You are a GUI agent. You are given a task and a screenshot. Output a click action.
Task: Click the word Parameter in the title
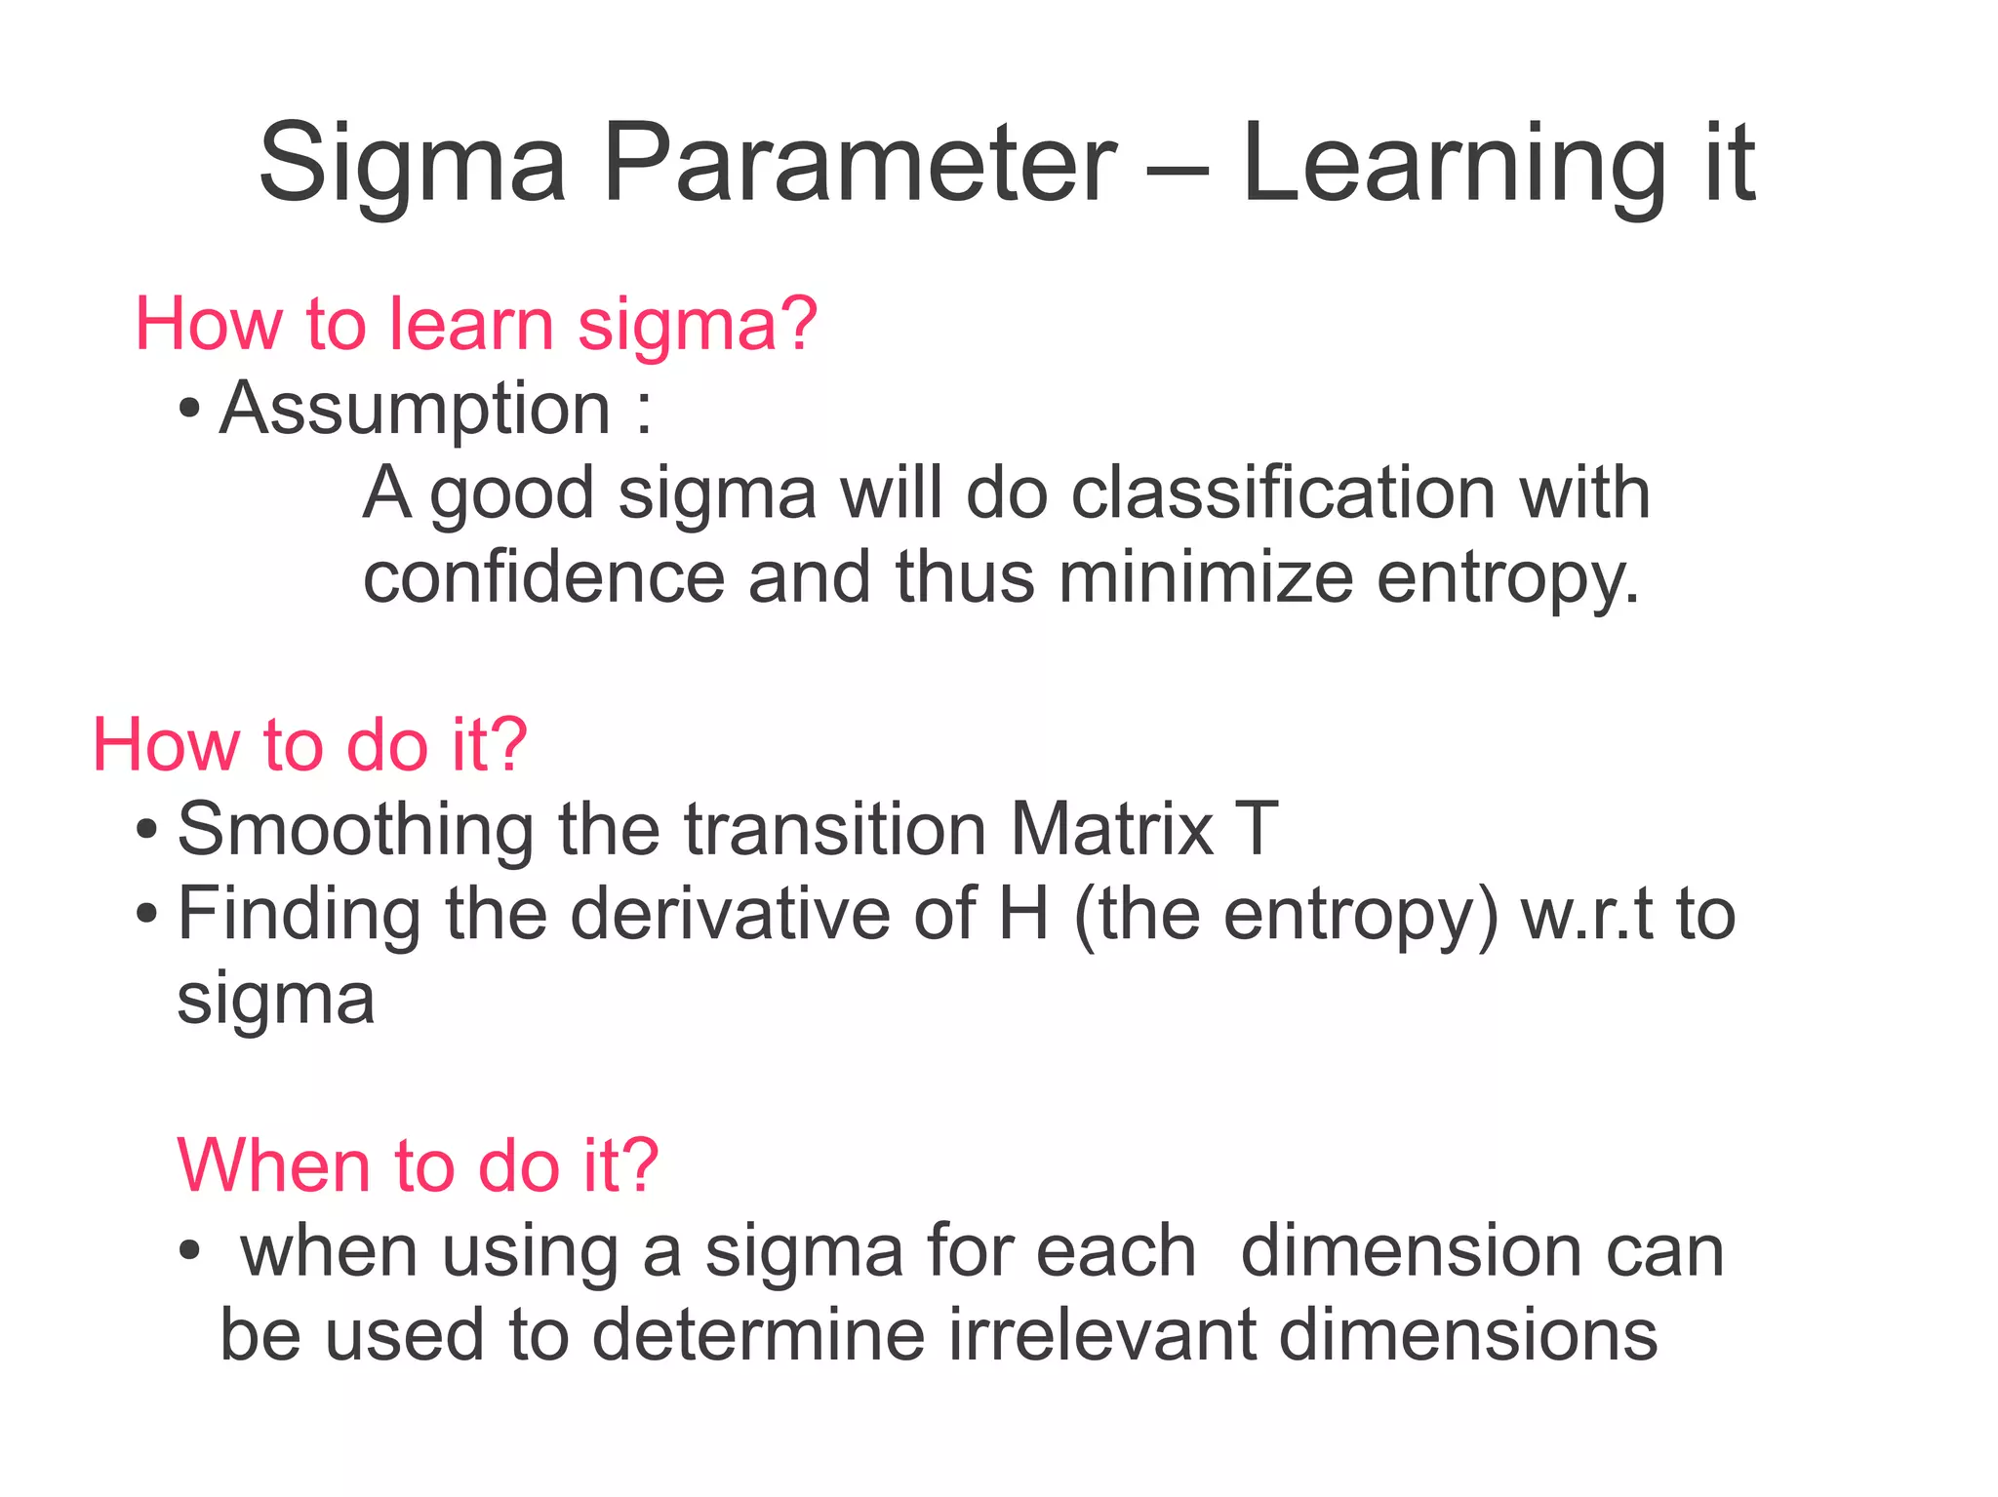(859, 163)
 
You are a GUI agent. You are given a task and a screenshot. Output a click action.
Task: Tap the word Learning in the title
(1454, 163)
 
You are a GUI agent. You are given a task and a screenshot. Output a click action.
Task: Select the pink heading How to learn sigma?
(475, 325)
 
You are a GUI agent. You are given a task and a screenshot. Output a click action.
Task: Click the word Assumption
(415, 409)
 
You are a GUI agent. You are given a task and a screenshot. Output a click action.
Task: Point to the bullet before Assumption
(189, 410)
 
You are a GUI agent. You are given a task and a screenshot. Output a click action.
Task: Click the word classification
(1282, 493)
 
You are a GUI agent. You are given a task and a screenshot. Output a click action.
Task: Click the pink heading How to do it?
(309, 745)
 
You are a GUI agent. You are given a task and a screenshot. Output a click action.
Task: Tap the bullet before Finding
(146, 916)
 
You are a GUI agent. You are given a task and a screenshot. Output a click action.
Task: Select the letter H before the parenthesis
(1023, 914)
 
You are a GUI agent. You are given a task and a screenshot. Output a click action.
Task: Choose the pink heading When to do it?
(418, 1166)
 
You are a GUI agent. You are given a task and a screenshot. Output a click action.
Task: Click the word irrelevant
(1101, 1335)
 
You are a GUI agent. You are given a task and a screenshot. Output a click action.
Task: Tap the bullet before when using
(189, 1250)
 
